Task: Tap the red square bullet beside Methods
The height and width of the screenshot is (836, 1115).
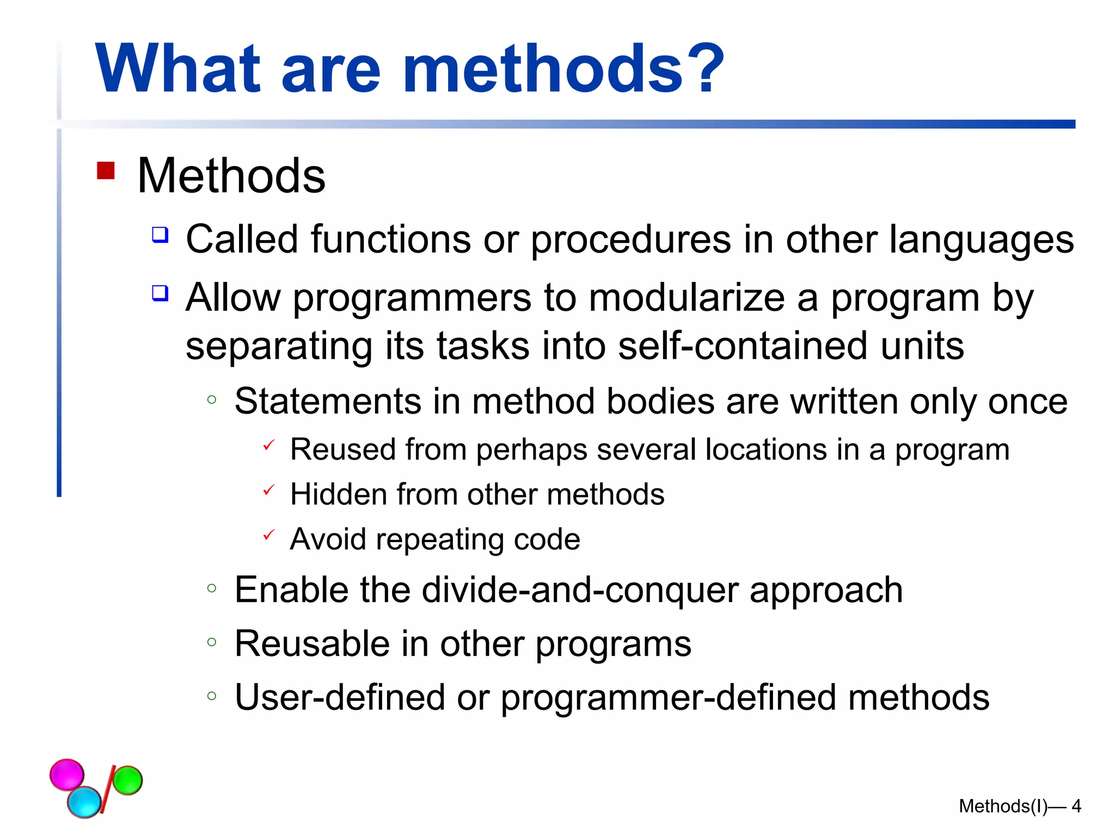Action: pos(106,170)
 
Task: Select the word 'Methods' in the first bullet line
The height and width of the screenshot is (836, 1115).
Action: pos(231,176)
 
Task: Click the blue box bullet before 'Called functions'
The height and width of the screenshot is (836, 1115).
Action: pos(160,235)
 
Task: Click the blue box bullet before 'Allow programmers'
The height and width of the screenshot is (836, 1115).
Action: pos(160,293)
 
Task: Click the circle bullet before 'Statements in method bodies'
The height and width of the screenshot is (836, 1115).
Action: pos(212,400)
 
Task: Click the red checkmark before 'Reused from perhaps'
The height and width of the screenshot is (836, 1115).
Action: pos(268,445)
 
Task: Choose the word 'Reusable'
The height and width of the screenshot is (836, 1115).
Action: pos(312,644)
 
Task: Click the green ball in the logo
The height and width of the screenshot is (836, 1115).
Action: pos(127,780)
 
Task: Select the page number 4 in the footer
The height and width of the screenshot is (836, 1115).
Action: pos(1076,806)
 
